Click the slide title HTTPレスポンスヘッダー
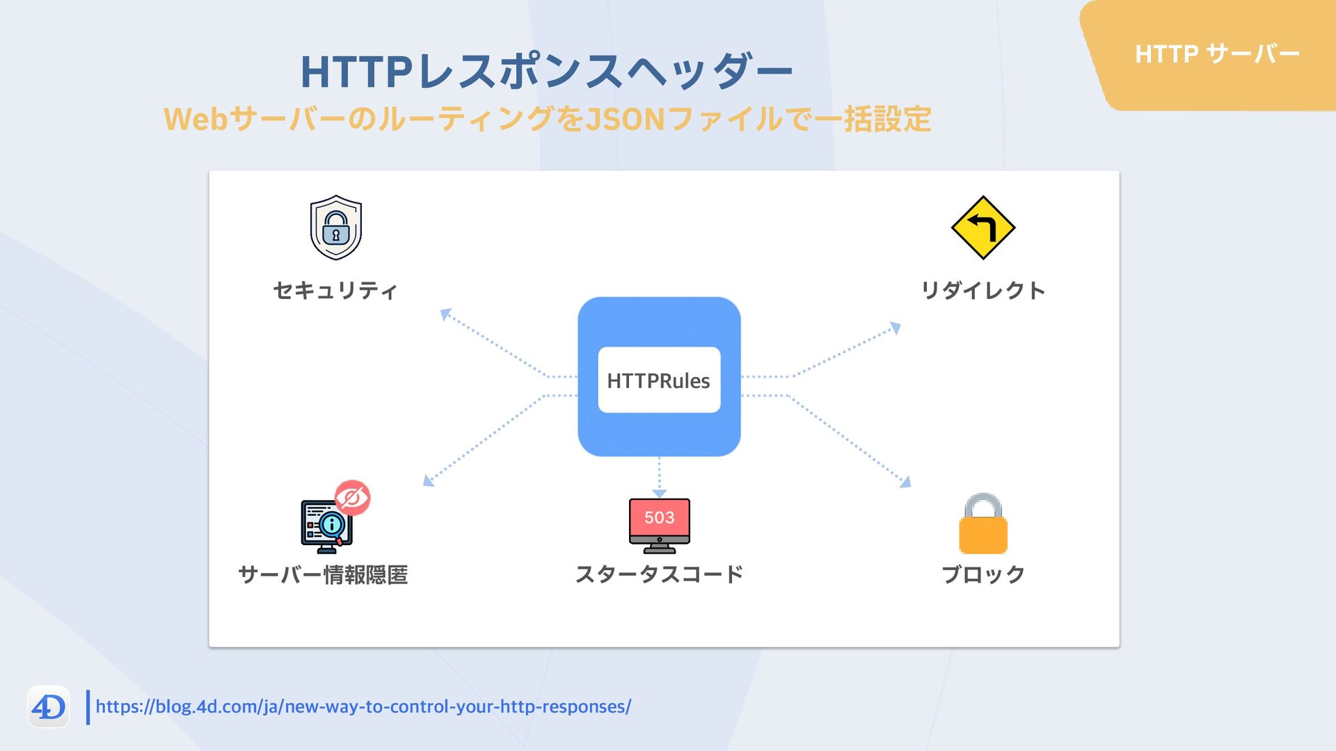546,71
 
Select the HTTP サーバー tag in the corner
1217,54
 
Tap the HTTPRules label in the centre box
658,380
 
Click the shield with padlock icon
335,227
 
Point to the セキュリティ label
335,290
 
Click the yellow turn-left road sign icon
983,227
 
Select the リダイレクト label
983,290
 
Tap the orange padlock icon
983,524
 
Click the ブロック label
983,574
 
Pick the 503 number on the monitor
659,517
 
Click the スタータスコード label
659,574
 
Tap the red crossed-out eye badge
352,498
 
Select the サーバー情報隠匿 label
323,574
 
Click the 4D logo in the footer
48,707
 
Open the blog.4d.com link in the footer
363,706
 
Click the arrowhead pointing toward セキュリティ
446,314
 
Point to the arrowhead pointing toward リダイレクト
895,328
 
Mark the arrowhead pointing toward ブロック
905,481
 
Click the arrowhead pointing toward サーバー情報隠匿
429,481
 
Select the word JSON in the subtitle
625,119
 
